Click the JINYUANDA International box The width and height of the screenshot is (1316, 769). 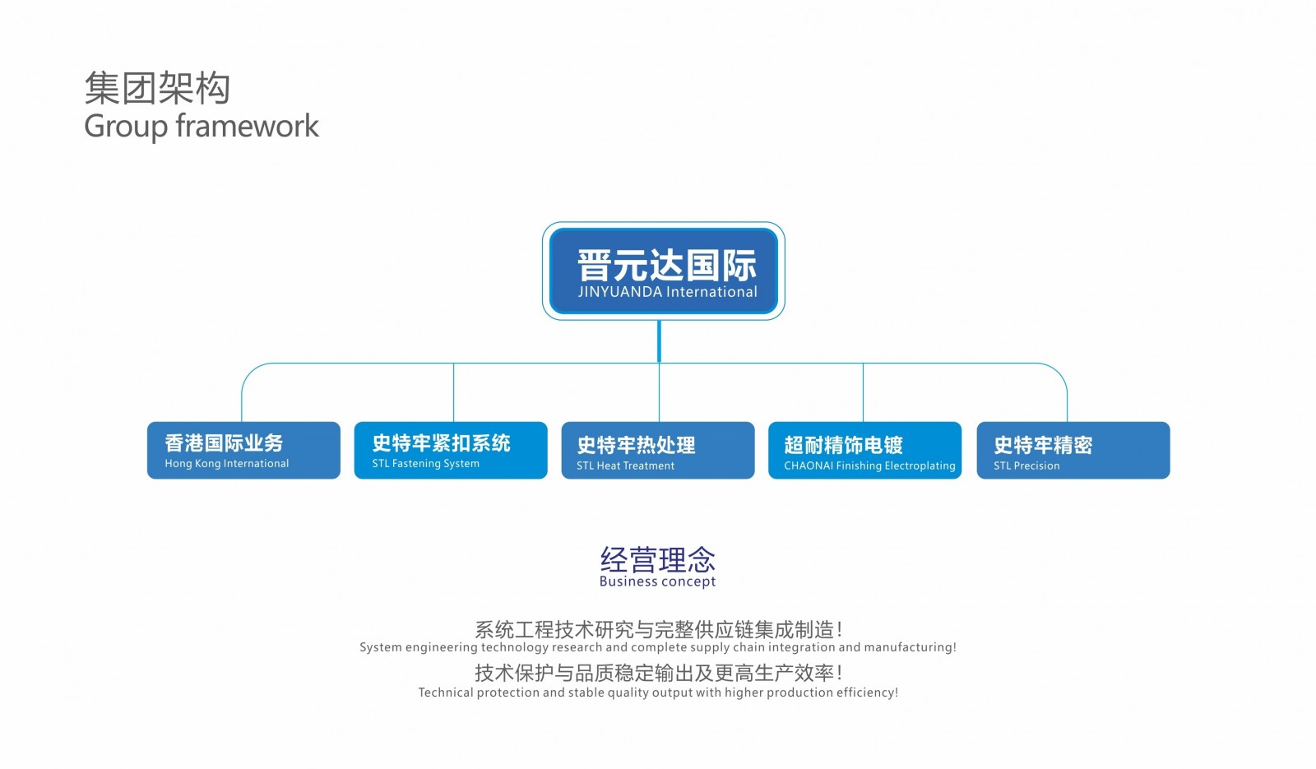(663, 271)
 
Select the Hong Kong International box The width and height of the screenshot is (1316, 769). (243, 450)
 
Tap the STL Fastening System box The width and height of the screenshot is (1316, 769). (451, 450)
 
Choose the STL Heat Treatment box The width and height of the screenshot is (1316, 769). (658, 450)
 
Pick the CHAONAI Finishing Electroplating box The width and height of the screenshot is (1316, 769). (864, 450)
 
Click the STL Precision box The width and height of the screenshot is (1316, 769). (1073, 450)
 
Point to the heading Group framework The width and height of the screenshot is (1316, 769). (202, 127)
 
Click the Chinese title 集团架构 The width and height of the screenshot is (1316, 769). (157, 88)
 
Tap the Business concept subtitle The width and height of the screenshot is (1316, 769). (657, 581)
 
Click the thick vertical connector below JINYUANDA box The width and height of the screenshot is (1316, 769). (659, 341)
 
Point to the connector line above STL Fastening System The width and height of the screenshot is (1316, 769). (453, 391)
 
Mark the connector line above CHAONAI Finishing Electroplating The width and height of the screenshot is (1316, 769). (863, 391)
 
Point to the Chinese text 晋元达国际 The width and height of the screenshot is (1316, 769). (667, 266)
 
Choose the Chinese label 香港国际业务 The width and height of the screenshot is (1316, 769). (224, 443)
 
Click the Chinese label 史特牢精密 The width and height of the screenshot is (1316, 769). (1043, 445)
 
